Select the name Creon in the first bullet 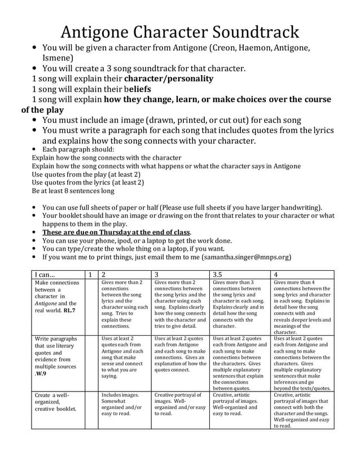click(x=223, y=48)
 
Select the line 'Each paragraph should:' click(x=78, y=150)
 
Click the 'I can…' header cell click(x=45, y=274)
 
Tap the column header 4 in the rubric click(x=276, y=274)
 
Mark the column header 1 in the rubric click(x=90, y=274)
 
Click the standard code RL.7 click(x=69, y=310)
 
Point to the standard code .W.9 click(x=41, y=373)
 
